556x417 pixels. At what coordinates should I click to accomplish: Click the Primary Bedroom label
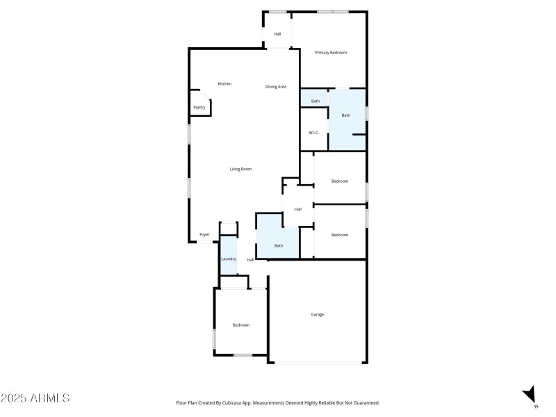[x=331, y=53]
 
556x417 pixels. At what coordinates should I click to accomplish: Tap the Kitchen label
[x=224, y=84]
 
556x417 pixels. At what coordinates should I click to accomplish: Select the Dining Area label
[x=276, y=87]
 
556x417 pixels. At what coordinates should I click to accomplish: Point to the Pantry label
[x=199, y=108]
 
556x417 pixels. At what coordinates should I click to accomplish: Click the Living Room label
[x=240, y=169]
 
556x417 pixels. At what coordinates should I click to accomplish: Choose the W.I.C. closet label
[x=313, y=133]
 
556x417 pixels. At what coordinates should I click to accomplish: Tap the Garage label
[x=317, y=315]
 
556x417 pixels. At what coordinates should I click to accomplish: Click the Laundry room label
[x=229, y=259]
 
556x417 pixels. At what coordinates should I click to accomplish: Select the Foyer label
[x=204, y=235]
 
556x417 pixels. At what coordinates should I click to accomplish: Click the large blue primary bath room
[x=345, y=115]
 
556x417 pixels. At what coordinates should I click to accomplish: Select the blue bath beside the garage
[x=278, y=245]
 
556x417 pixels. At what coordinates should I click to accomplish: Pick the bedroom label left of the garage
[x=241, y=325]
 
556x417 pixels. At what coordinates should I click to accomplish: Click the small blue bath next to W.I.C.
[x=315, y=101]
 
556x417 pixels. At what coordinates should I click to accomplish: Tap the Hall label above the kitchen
[x=277, y=34]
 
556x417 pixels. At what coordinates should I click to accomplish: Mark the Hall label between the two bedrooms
[x=298, y=209]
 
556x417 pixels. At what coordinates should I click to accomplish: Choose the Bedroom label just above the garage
[x=340, y=235]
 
